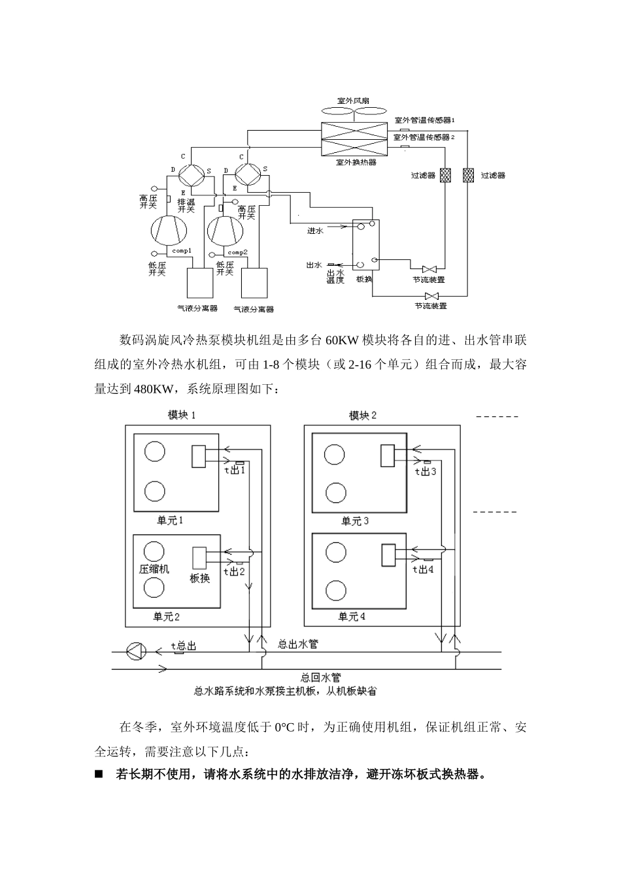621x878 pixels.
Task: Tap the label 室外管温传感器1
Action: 424,121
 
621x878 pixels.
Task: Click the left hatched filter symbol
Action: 446,176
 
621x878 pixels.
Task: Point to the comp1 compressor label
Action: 181,251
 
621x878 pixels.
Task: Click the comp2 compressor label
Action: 237,252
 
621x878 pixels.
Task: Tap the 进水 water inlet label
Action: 316,231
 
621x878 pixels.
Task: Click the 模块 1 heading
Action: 181,415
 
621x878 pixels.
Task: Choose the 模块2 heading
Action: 363,415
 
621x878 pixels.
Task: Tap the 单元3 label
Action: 355,521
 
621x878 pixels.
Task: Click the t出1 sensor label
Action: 234,470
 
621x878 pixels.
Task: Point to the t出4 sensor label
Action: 423,569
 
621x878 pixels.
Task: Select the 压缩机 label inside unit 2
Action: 154,569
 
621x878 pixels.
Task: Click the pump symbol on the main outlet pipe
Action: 135,651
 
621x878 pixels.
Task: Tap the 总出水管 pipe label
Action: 298,643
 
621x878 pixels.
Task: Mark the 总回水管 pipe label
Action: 320,677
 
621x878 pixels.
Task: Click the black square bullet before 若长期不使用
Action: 99,775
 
